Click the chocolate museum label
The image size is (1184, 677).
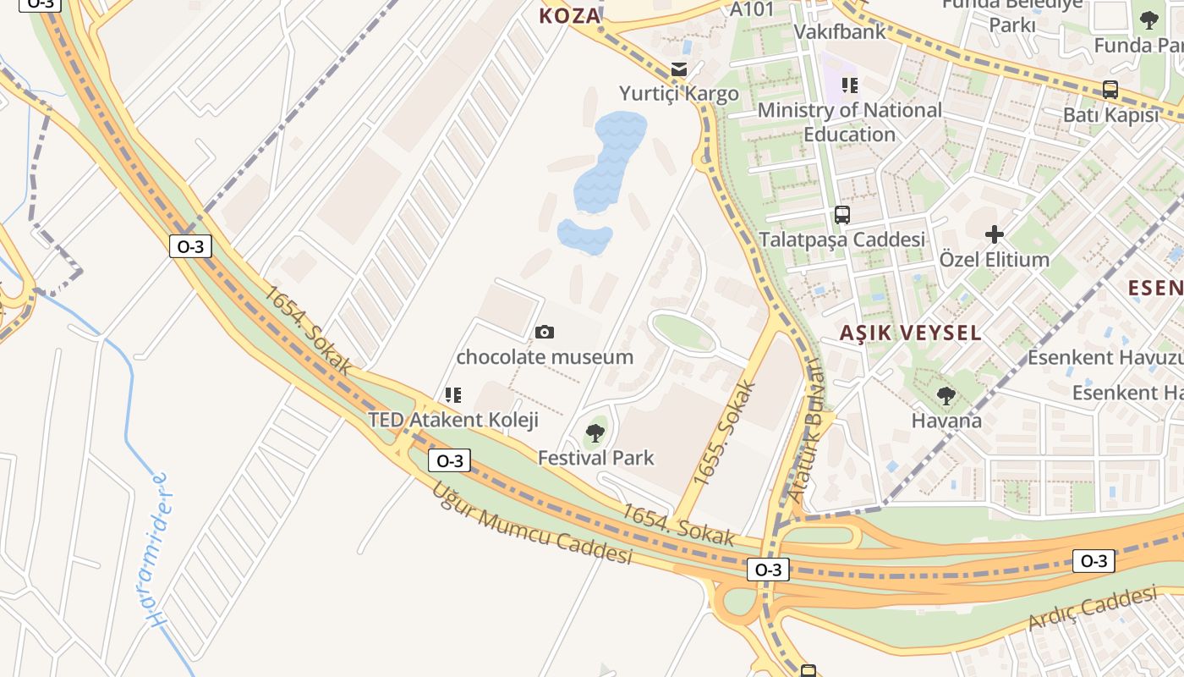click(545, 357)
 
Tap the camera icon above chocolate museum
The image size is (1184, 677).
click(545, 332)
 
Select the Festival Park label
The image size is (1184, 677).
click(596, 458)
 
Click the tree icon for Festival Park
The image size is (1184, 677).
click(595, 433)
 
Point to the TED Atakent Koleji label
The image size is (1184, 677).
click(453, 420)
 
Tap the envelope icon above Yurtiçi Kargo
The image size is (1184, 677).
click(679, 69)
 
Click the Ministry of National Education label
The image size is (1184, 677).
click(849, 122)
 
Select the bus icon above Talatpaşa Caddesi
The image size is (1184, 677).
click(842, 215)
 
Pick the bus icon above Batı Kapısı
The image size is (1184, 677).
click(1110, 90)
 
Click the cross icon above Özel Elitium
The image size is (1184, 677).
click(995, 234)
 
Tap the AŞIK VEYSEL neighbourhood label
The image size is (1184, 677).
click(910, 333)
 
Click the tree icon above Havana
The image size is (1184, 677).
click(946, 395)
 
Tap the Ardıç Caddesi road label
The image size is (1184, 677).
click(1092, 608)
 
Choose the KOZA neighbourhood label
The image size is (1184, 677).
click(570, 15)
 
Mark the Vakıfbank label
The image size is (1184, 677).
click(840, 32)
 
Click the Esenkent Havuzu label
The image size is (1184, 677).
click(1105, 357)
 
